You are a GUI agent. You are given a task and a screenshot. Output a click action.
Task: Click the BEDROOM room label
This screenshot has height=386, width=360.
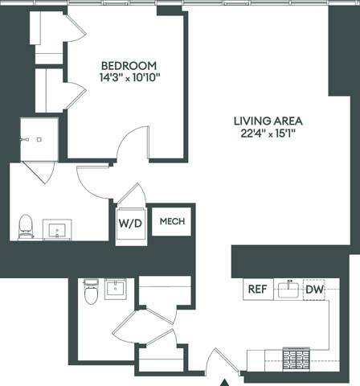[129, 65]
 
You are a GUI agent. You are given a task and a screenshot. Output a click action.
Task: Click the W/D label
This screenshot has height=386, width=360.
[130, 223]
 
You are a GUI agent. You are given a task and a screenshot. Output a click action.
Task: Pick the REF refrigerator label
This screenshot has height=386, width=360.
[257, 289]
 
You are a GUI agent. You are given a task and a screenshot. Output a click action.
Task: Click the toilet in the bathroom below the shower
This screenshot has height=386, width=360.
[26, 226]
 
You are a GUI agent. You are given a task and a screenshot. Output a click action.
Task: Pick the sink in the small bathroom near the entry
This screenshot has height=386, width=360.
[117, 288]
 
